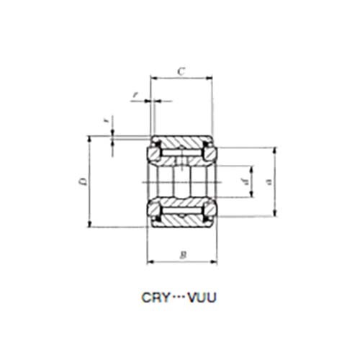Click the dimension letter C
(x=181, y=71)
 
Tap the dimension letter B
(x=183, y=254)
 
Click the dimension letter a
(x=269, y=181)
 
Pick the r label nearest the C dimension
(x=135, y=94)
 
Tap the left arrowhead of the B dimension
(x=150, y=261)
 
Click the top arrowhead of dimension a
(x=274, y=149)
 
